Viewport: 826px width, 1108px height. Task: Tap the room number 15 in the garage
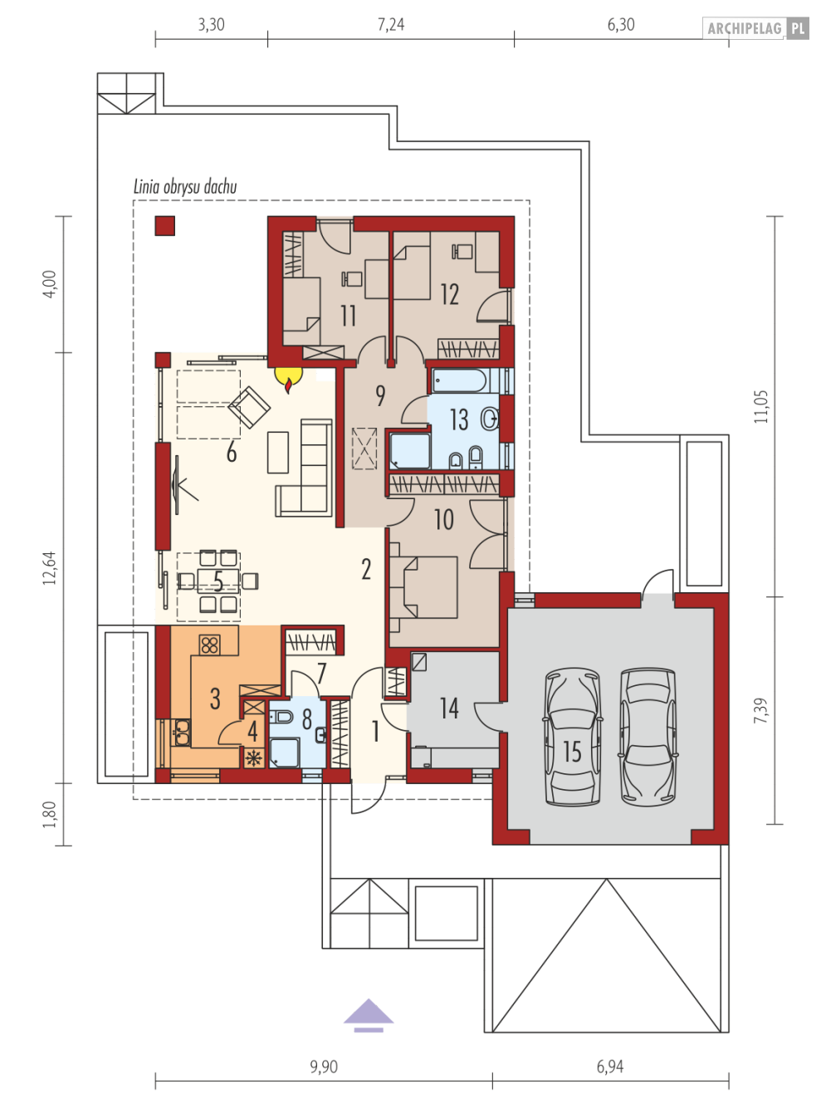pyautogui.click(x=572, y=752)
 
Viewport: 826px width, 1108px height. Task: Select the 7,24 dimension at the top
pyautogui.click(x=391, y=24)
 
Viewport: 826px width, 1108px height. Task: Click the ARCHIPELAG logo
pyautogui.click(x=756, y=28)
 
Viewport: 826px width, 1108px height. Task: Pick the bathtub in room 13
pyautogui.click(x=459, y=381)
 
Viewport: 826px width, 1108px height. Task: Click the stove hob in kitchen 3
pyautogui.click(x=209, y=645)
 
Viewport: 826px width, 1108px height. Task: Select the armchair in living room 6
pyautogui.click(x=248, y=407)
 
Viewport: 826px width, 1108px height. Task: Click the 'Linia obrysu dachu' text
pyautogui.click(x=184, y=187)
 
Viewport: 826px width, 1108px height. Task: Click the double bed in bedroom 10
pyautogui.click(x=423, y=587)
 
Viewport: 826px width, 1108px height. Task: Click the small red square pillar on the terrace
pyautogui.click(x=165, y=226)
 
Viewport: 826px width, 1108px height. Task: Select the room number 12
pyautogui.click(x=449, y=294)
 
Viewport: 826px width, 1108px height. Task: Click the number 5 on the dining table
pyautogui.click(x=217, y=581)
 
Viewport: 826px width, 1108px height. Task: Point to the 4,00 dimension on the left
pyautogui.click(x=50, y=284)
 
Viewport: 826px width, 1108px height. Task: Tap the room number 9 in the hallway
pyautogui.click(x=380, y=395)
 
